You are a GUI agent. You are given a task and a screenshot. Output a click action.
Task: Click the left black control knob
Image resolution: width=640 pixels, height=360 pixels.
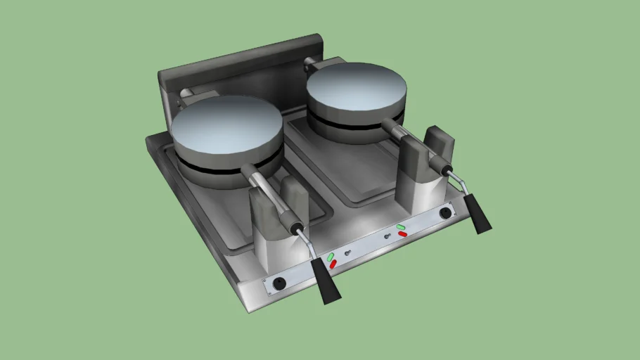click(x=280, y=283)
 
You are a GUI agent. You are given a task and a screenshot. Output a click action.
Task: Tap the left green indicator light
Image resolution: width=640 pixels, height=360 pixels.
click(x=328, y=256)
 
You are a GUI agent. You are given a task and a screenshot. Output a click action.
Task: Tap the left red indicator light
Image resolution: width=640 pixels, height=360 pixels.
click(x=333, y=264)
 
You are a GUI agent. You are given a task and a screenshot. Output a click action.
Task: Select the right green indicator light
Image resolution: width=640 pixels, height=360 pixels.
click(x=400, y=226)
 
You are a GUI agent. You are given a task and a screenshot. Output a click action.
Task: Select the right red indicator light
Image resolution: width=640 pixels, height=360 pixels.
click(x=402, y=233)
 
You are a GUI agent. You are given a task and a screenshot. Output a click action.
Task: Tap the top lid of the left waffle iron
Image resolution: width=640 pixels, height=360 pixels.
click(x=226, y=128)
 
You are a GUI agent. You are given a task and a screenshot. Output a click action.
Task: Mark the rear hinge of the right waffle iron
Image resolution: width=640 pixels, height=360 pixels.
click(x=311, y=66)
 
